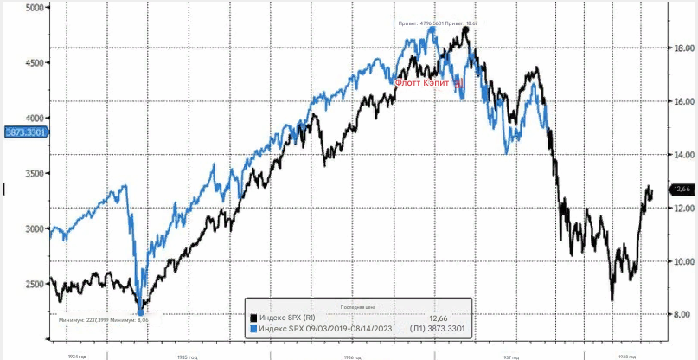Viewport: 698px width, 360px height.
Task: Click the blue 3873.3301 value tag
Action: tap(23, 132)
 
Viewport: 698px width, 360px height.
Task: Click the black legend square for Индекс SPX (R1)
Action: tap(253, 318)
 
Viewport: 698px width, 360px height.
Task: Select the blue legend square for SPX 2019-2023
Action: tap(253, 329)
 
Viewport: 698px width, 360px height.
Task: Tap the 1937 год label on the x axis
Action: tap(510, 355)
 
